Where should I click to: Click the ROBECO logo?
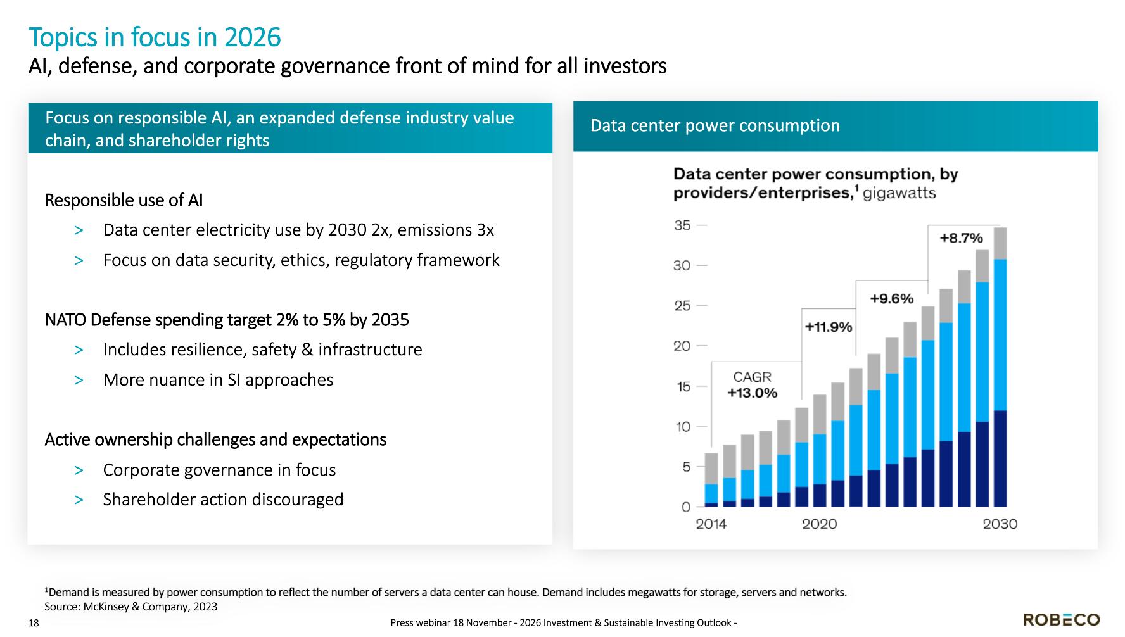tap(1062, 619)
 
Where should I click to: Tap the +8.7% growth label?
tap(961, 238)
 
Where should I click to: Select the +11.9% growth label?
tap(829, 327)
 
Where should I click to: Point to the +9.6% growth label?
tap(891, 298)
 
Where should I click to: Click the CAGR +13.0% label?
tap(752, 385)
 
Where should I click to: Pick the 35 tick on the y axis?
tap(682, 225)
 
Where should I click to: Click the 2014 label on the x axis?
tap(711, 524)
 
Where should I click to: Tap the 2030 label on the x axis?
tap(1000, 524)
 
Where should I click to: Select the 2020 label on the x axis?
tap(819, 524)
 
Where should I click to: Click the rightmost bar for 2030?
tap(1000, 367)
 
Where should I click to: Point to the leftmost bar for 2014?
tap(711, 480)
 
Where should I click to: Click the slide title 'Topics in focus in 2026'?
tap(155, 37)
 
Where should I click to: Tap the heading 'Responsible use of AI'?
tap(124, 200)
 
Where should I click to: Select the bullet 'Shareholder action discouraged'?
tap(223, 500)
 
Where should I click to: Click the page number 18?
tap(34, 623)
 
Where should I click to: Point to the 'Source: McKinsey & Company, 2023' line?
tap(131, 607)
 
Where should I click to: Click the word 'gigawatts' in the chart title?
tap(899, 193)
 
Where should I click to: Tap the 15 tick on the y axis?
tap(682, 386)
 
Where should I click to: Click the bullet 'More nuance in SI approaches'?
tap(218, 380)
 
